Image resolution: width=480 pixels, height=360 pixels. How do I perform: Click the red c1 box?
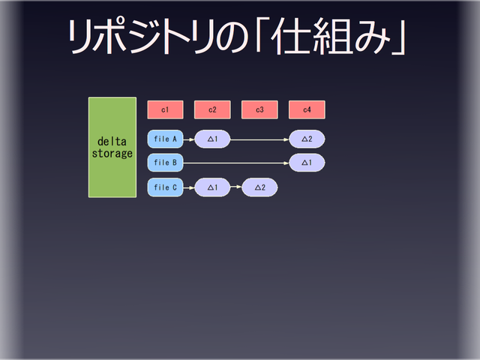[165, 109]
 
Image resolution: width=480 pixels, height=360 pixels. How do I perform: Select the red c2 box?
[212, 109]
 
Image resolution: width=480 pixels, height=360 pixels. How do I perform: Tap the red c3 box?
[259, 109]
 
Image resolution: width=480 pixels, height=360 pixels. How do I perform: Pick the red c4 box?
[307, 109]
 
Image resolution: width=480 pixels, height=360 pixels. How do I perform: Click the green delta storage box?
[112, 147]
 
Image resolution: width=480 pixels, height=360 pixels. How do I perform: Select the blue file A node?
[165, 139]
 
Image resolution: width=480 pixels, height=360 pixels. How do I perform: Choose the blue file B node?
[165, 162]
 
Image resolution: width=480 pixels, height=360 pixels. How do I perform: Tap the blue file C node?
[165, 187]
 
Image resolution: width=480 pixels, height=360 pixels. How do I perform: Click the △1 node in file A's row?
[212, 139]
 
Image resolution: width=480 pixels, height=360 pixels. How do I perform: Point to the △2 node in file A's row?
[307, 139]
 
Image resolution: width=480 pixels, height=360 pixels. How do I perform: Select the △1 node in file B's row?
[307, 162]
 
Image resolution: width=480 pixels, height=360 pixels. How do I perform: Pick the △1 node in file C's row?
[212, 187]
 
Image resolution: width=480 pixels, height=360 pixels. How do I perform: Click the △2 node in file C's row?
[259, 187]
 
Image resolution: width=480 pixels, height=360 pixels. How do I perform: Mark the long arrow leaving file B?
[236, 162]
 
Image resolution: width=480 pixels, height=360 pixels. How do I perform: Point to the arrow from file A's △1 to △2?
[259, 139]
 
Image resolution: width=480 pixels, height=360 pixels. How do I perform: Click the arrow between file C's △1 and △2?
[235, 187]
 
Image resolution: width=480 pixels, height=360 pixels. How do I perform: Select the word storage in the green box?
[112, 154]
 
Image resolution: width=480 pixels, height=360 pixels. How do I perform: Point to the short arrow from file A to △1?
[188, 139]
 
